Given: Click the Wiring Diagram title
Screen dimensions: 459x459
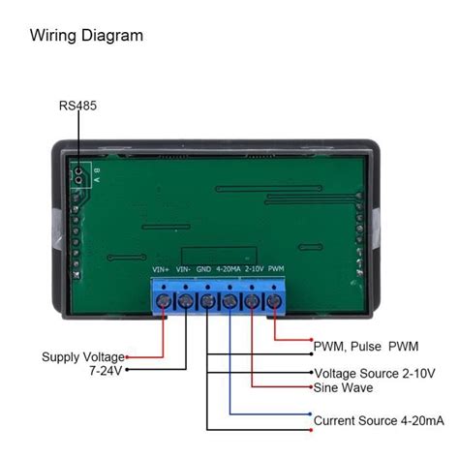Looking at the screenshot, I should tap(86, 37).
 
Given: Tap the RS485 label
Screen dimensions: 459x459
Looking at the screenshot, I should tap(77, 105).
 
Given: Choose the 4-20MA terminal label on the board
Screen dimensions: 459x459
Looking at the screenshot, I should tap(230, 269).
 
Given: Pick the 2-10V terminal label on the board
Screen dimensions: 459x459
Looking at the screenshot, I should tap(254, 269).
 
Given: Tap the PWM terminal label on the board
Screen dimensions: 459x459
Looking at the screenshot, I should tap(276, 269).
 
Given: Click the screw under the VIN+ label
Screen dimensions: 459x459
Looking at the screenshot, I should tap(163, 302).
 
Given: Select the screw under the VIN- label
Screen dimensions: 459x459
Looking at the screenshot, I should tap(185, 302).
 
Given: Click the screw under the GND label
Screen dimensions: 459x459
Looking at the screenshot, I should tap(207, 302).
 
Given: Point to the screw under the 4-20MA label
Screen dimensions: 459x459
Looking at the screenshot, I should tap(230, 302).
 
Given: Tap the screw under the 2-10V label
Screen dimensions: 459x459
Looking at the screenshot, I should tap(253, 302).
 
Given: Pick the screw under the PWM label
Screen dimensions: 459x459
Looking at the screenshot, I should tap(275, 302).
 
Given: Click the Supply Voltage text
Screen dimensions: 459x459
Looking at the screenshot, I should tap(82, 356).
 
